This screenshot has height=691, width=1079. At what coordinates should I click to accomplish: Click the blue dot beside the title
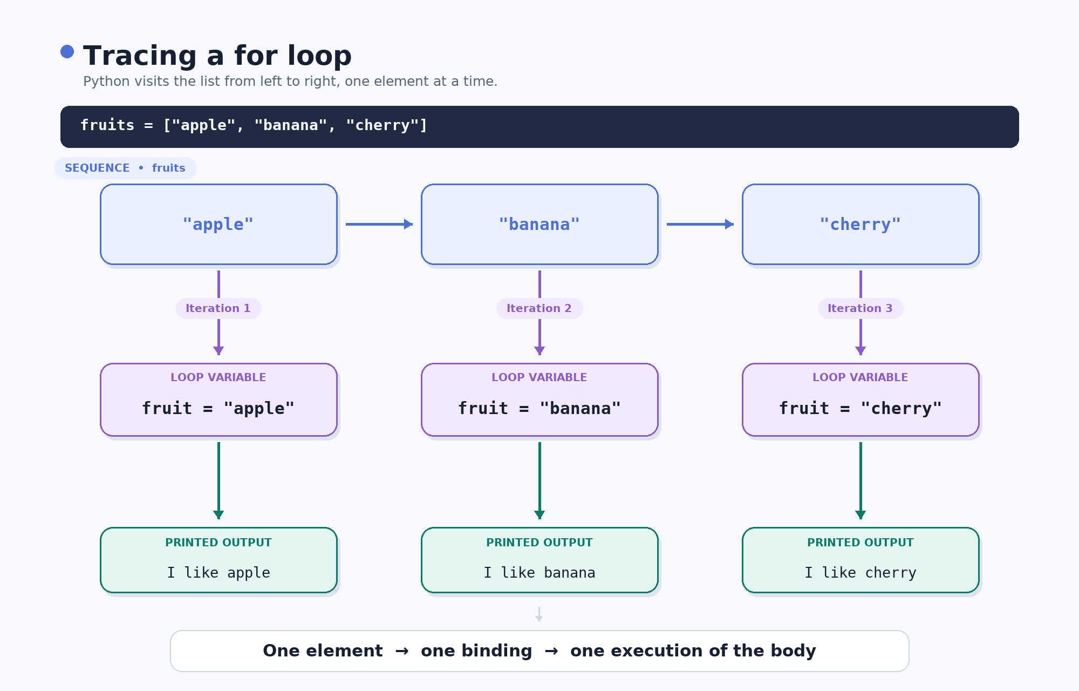pyautogui.click(x=67, y=51)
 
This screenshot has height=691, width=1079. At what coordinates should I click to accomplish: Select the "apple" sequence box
pyautogui.click(x=218, y=225)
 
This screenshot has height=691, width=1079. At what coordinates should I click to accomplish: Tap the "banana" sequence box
pyautogui.click(x=539, y=225)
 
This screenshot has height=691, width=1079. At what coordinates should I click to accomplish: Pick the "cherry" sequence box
pyautogui.click(x=861, y=225)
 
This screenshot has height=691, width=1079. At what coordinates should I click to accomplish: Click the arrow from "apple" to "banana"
pyautogui.click(x=379, y=224)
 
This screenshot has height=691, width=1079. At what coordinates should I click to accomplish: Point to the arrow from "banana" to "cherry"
pyautogui.click(x=700, y=224)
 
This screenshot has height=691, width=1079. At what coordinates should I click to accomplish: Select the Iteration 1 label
pyautogui.click(x=218, y=308)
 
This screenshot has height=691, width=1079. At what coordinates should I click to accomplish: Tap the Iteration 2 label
pyautogui.click(x=539, y=308)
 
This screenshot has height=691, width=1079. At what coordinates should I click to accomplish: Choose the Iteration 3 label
pyautogui.click(x=861, y=308)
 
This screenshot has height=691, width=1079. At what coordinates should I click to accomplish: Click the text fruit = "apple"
pyautogui.click(x=218, y=408)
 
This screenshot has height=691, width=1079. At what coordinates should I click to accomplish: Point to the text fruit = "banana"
pyautogui.click(x=539, y=408)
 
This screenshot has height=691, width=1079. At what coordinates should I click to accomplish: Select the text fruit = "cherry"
pyautogui.click(x=861, y=408)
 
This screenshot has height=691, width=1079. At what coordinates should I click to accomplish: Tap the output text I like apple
pyautogui.click(x=218, y=573)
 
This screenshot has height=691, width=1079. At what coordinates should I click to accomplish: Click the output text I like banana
pyautogui.click(x=539, y=572)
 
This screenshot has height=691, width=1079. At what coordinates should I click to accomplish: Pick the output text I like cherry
pyautogui.click(x=861, y=573)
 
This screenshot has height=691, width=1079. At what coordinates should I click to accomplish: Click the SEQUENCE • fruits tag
pyautogui.click(x=125, y=168)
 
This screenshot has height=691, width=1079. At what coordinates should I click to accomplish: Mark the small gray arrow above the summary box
pyautogui.click(x=539, y=614)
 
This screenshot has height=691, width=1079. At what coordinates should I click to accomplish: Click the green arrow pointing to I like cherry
pyautogui.click(x=861, y=480)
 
